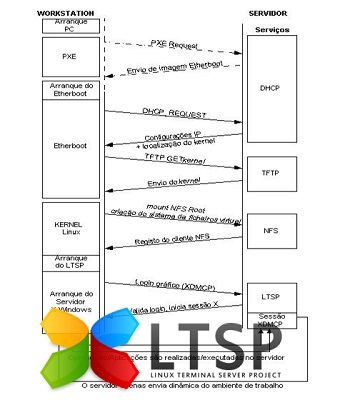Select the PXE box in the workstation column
coord(69,57)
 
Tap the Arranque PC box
coord(69,25)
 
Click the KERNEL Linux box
coord(69,227)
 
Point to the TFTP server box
coord(271,173)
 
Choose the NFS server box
coord(271,229)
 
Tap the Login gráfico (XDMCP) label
coord(173,286)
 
